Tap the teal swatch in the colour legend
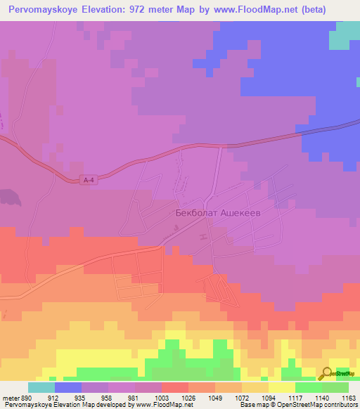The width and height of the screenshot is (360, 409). coord(41,387)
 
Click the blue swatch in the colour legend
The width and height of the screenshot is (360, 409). coord(67,387)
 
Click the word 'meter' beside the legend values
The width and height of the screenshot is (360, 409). coord(10,397)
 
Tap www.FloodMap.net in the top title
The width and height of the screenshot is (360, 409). coord(272,11)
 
